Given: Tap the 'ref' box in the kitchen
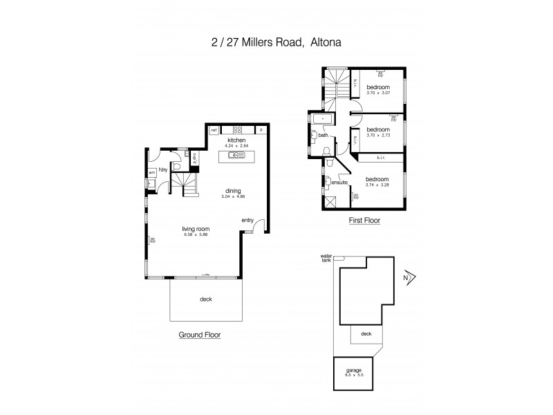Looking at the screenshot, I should click(214, 130).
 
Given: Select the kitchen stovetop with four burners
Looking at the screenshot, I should click(237, 130).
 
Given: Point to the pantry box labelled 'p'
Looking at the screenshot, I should click(261, 130).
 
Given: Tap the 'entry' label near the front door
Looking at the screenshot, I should click(247, 221).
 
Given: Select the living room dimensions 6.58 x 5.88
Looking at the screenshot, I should click(196, 235).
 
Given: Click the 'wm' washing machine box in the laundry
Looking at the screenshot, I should click(151, 174).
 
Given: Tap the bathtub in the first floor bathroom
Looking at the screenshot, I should click(322, 120).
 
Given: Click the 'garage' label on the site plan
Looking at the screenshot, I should click(353, 370).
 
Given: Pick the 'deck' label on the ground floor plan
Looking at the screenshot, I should click(205, 299).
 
